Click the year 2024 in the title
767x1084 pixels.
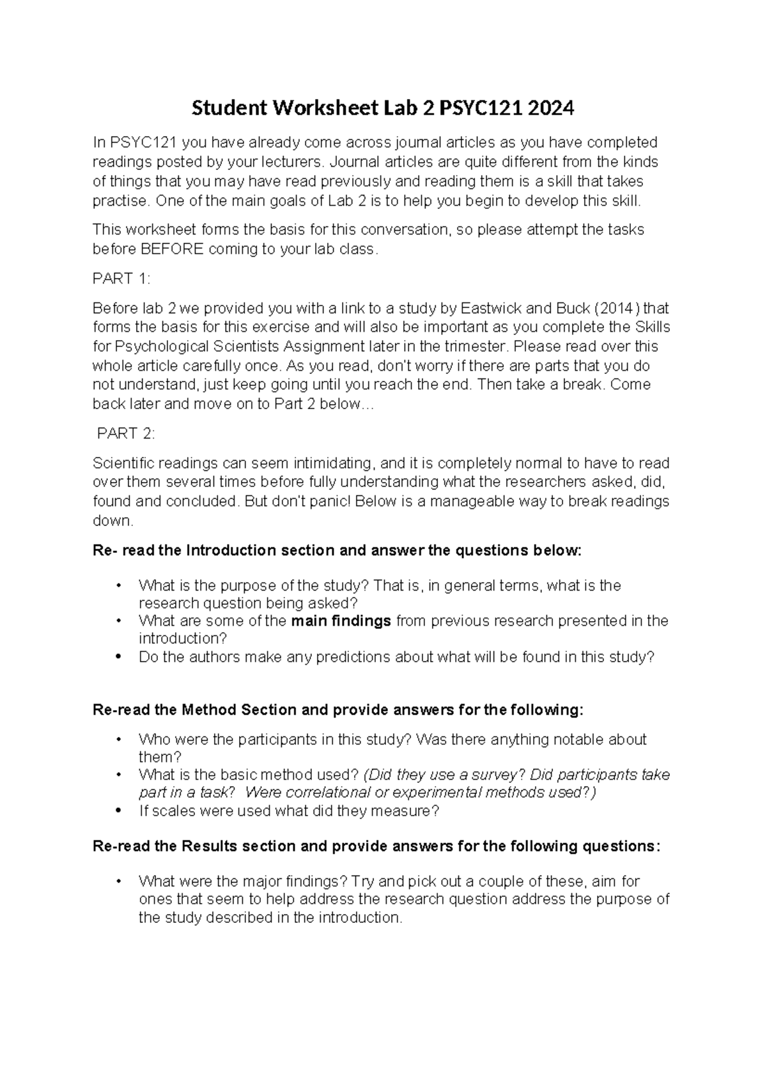[x=550, y=109]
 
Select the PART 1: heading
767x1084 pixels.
[x=121, y=278]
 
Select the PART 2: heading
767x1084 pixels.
[x=125, y=433]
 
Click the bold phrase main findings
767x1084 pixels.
[x=341, y=621]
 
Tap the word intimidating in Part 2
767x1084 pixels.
[x=325, y=463]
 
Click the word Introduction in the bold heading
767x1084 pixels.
[x=231, y=550]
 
